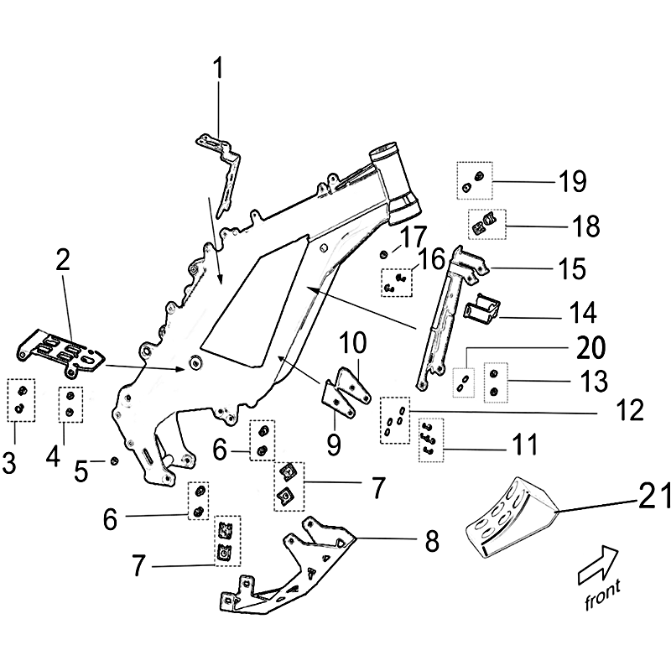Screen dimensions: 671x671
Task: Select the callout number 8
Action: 431,542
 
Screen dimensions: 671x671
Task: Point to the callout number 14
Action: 580,315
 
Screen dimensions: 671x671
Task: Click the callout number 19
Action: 573,182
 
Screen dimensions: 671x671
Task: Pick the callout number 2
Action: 63,260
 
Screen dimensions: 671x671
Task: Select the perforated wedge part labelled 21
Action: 507,517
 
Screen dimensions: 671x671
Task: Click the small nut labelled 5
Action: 113,460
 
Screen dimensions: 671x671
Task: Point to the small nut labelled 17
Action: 383,253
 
